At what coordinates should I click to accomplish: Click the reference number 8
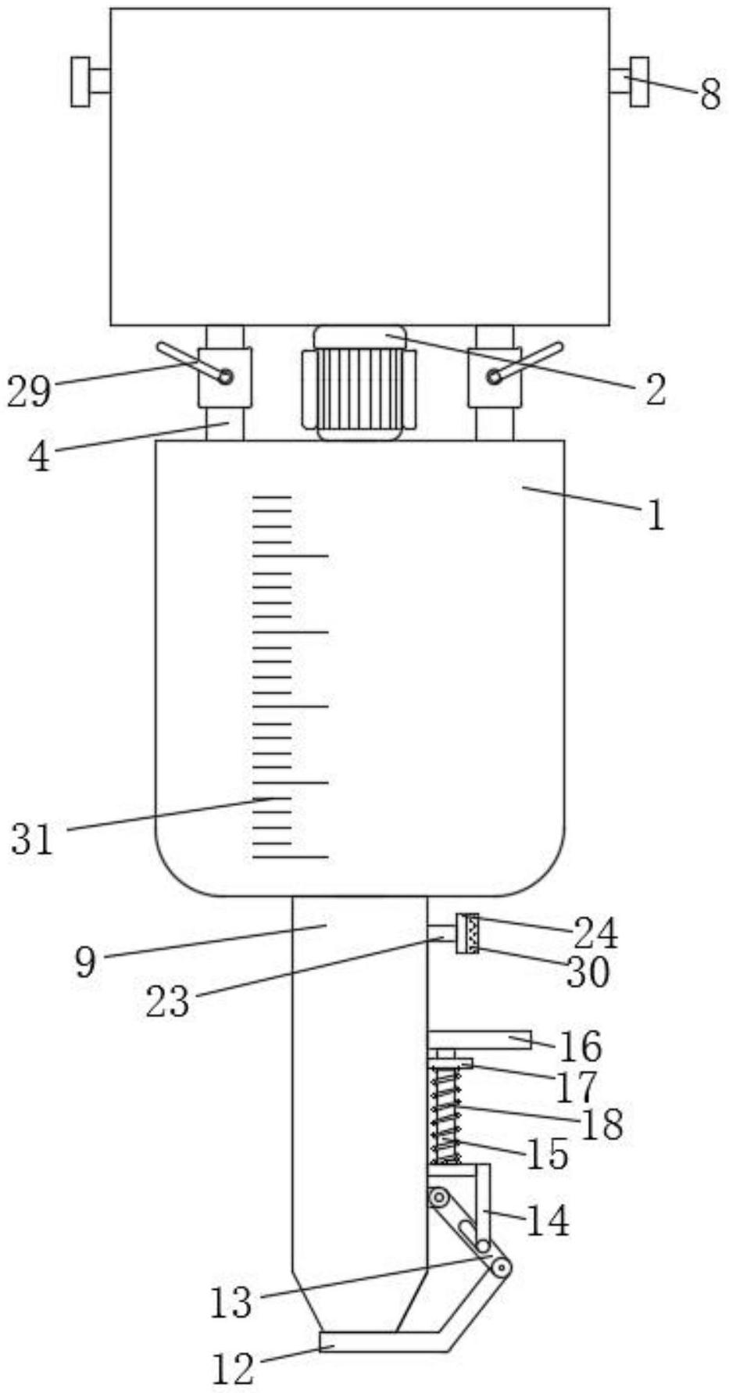click(709, 95)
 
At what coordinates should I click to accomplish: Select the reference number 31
click(32, 840)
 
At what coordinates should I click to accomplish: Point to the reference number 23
click(167, 1001)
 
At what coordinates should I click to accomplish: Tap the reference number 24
click(595, 933)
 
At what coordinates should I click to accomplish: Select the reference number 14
click(547, 1220)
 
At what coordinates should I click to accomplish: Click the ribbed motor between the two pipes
click(359, 383)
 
